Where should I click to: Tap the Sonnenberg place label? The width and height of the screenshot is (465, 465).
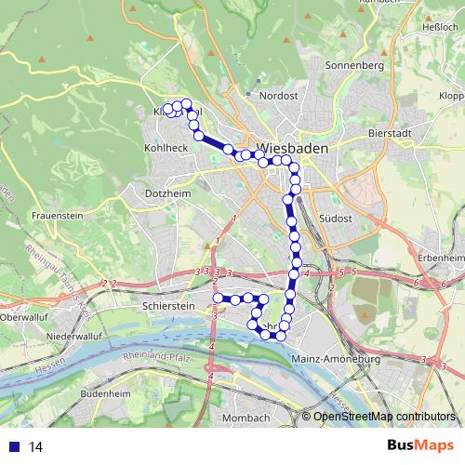click(x=353, y=66)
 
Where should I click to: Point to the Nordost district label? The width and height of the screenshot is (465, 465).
click(x=278, y=95)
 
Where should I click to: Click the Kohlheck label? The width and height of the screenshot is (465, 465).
click(x=166, y=147)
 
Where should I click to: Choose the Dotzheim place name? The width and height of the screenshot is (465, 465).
click(x=167, y=193)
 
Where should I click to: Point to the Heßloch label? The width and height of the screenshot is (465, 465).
click(x=440, y=27)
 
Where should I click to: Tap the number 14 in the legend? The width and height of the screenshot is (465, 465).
click(x=36, y=446)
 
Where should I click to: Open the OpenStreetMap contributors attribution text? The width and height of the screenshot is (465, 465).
click(x=385, y=417)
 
